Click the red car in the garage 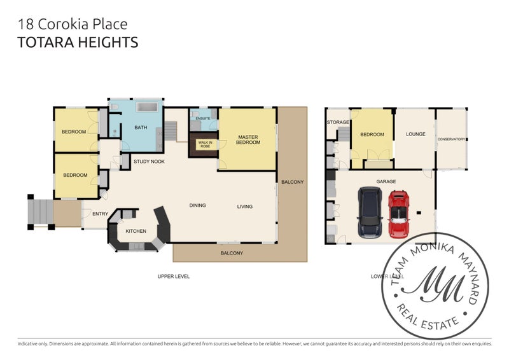[398, 214]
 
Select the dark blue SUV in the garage [369, 212]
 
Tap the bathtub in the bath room [147, 107]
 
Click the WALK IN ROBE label [205, 144]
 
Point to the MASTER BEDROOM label [248, 139]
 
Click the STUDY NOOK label [149, 162]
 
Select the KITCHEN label [136, 231]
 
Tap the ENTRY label [100, 214]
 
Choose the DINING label [197, 205]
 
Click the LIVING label [244, 206]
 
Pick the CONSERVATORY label [451, 139]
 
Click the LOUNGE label [415, 134]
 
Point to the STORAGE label [338, 122]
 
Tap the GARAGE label [386, 181]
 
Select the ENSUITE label [203, 118]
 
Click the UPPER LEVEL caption [173, 276]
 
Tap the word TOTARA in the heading [46, 43]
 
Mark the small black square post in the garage [419, 213]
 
